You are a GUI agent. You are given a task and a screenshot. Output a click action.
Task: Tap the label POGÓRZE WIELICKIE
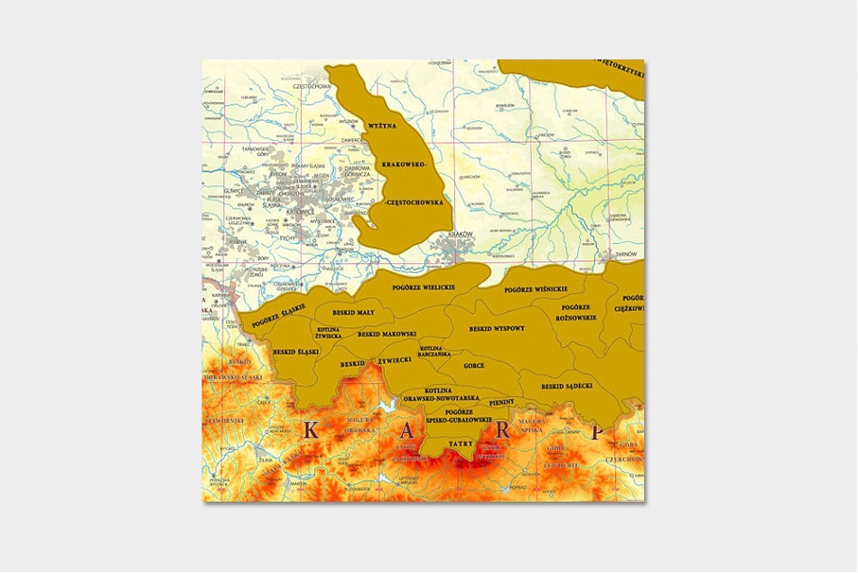[423, 286]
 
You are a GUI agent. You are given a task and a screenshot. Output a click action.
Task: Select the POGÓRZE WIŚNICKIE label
[536, 289]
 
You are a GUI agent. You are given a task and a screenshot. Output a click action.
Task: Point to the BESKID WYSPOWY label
[497, 329]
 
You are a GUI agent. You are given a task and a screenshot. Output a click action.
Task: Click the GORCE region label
[473, 365]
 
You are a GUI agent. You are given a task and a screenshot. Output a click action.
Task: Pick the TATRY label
[462, 444]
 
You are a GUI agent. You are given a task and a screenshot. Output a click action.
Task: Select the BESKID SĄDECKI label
[567, 386]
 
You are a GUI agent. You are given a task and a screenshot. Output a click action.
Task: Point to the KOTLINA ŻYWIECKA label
[328, 332]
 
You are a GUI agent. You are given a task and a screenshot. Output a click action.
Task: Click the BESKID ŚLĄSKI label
[296, 352]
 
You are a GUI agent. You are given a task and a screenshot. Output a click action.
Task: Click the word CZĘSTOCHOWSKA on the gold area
[415, 203]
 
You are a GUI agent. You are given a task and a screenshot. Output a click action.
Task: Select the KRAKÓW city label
[461, 234]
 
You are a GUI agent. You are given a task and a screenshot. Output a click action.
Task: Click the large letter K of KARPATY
[310, 429]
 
